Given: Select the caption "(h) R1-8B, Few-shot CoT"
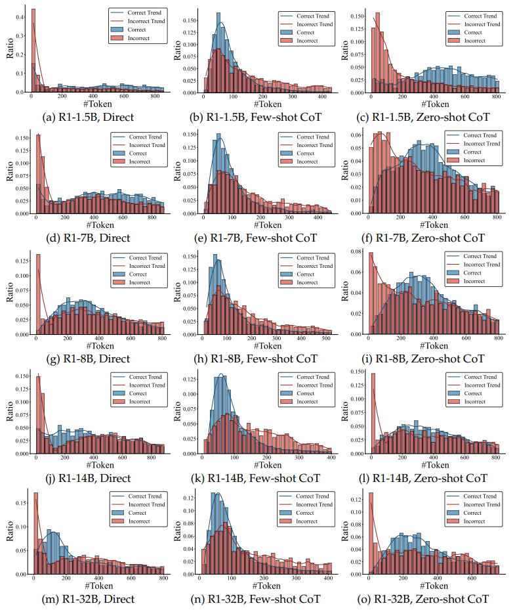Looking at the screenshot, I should [264, 359].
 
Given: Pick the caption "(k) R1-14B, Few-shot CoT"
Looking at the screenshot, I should [264, 479].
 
